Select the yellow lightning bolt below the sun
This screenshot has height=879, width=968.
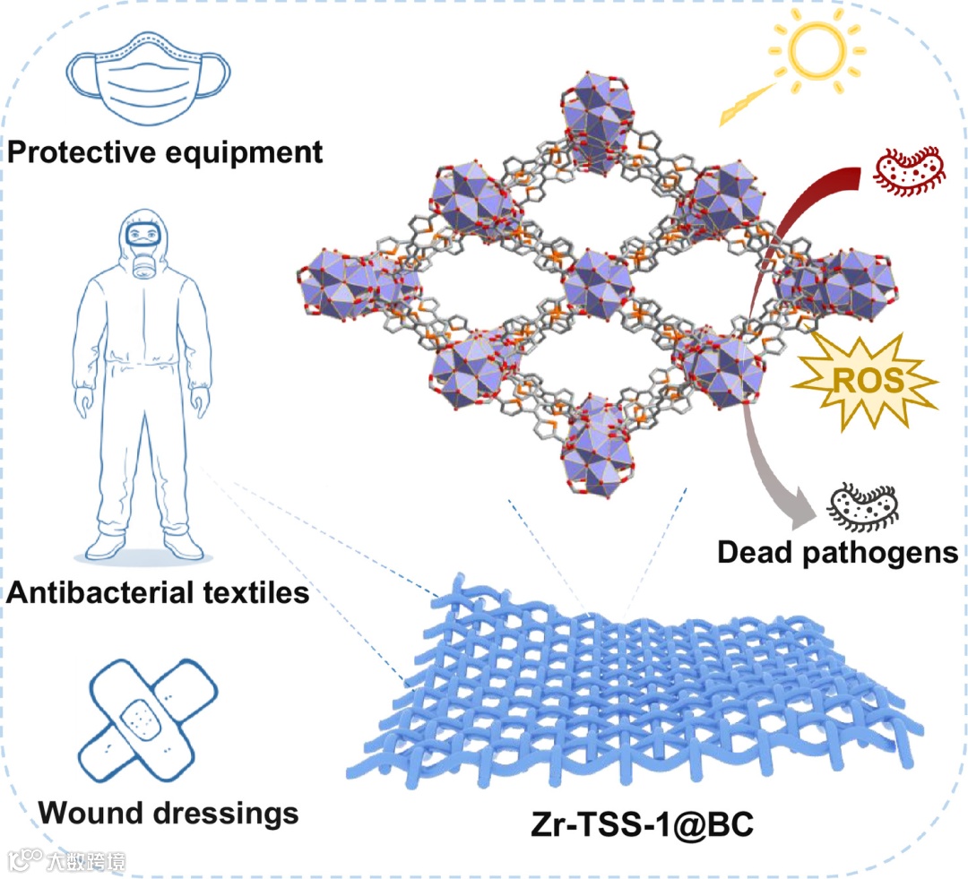coord(746,106)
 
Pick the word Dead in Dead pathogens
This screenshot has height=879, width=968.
coord(756,552)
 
